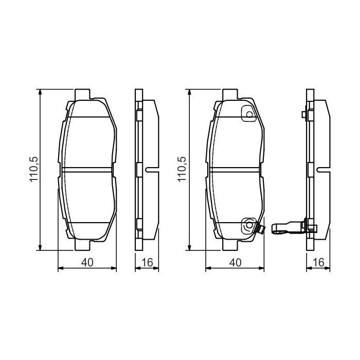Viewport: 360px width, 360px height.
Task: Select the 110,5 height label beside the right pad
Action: [182, 170]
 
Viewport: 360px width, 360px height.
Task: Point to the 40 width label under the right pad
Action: [235, 262]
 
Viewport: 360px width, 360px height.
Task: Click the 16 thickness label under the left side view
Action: [148, 262]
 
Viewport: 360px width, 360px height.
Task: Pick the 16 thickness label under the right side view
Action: [318, 262]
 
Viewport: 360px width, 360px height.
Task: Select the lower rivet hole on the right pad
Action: [249, 224]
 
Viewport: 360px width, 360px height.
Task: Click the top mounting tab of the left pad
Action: [82, 95]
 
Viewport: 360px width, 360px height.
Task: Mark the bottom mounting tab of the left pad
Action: [82, 246]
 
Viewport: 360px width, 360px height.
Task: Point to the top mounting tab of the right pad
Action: [230, 95]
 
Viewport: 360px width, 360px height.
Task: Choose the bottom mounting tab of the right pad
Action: [230, 246]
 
